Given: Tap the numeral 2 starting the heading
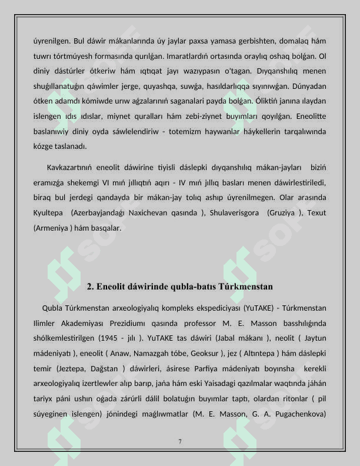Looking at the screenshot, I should click(89, 287).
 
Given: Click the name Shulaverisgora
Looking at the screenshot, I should click(234, 212).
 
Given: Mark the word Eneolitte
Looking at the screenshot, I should click(309, 116).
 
